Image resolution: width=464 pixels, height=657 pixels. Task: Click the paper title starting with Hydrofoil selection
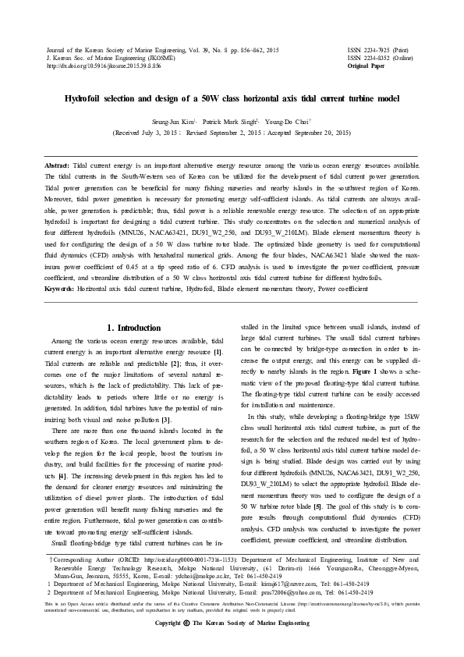[x=232, y=99]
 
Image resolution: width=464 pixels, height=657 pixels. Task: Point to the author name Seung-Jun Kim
[x=179, y=122]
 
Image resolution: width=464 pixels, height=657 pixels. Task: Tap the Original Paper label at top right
[x=366, y=66]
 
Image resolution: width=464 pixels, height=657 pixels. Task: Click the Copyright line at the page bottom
[x=232, y=646]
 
